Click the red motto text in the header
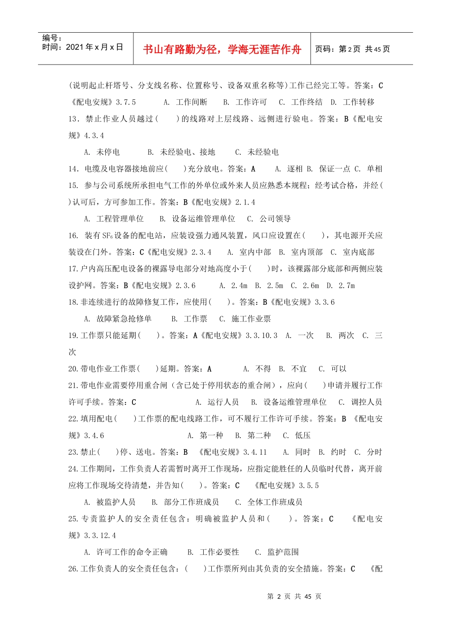[222, 49]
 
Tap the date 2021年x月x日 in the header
[94, 47]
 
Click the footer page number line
[294, 596]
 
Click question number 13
[73, 119]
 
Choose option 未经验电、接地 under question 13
[187, 152]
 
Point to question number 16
[73, 235]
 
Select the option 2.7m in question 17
[347, 285]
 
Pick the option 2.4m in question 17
[239, 285]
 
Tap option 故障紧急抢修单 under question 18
[124, 319]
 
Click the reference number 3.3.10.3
[262, 335]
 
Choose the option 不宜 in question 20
[299, 369]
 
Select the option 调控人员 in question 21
[366, 402]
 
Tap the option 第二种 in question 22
[259, 435]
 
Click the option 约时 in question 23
[338, 452]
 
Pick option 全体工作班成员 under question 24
[275, 502]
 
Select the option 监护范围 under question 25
[283, 552]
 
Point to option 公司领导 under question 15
[275, 218]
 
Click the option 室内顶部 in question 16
[307, 252]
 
